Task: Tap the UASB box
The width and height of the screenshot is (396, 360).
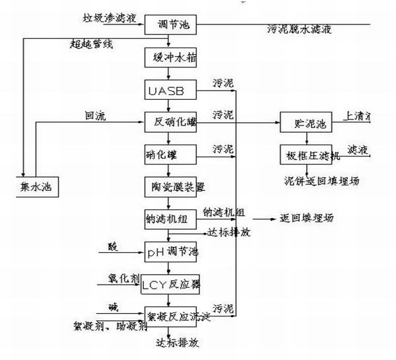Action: click(170, 89)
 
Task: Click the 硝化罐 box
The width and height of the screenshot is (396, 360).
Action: click(170, 155)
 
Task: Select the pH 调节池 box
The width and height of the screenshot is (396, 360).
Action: click(171, 252)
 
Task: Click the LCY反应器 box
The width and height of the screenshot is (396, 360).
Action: click(171, 285)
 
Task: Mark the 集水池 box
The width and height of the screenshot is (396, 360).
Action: click(36, 187)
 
